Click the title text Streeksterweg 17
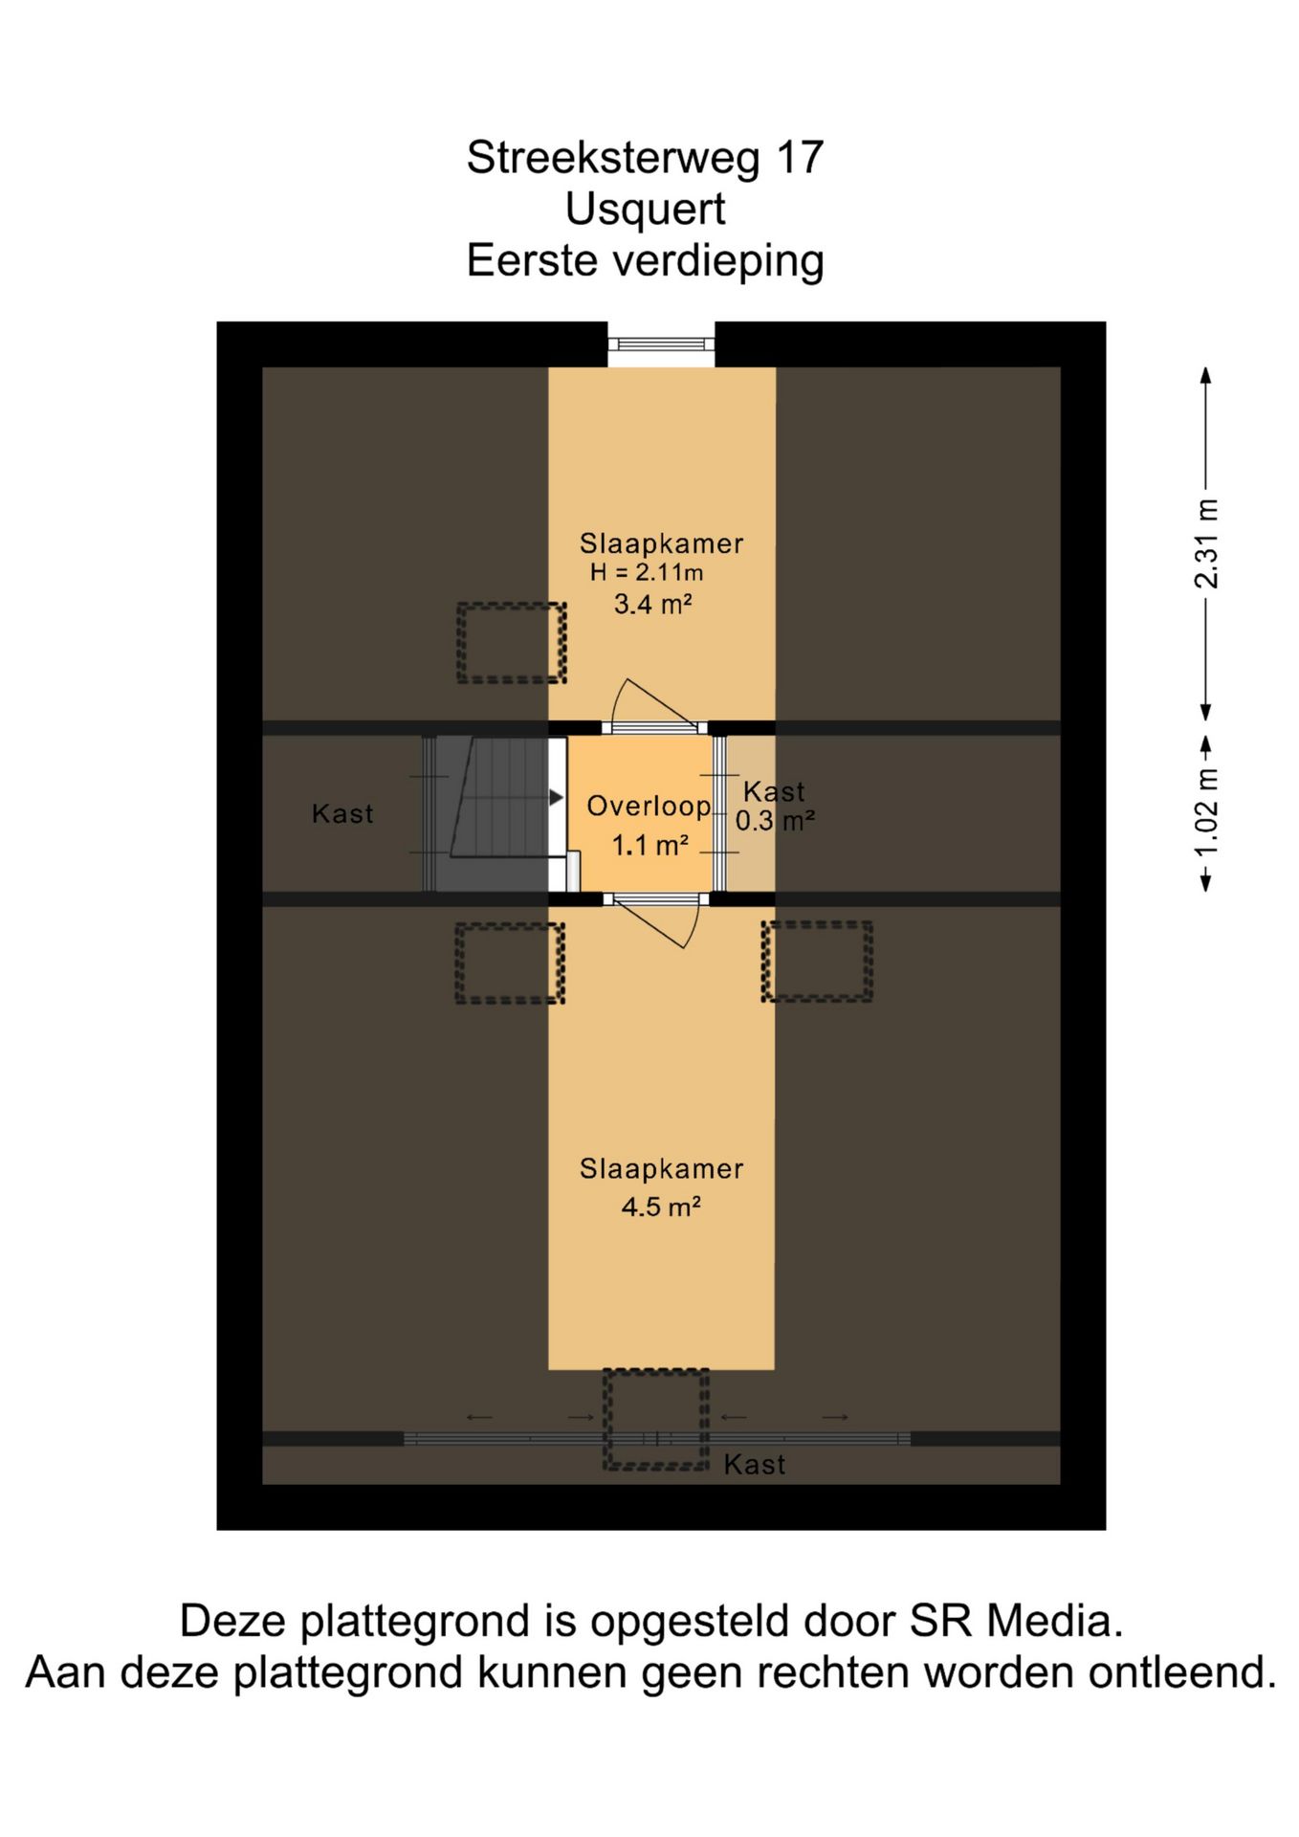click(645, 158)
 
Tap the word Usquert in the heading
click(645, 209)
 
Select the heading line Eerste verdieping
click(645, 260)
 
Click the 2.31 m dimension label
click(1206, 543)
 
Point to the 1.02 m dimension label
click(1206, 812)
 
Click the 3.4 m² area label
click(652, 604)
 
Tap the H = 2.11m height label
click(647, 573)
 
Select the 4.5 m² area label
click(661, 1206)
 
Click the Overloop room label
click(649, 807)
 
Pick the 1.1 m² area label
click(650, 846)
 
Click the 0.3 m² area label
click(775, 821)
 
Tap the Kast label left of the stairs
click(342, 814)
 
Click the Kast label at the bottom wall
click(755, 1465)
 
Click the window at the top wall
click(661, 344)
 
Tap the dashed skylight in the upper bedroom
click(512, 643)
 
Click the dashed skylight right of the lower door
click(817, 962)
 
